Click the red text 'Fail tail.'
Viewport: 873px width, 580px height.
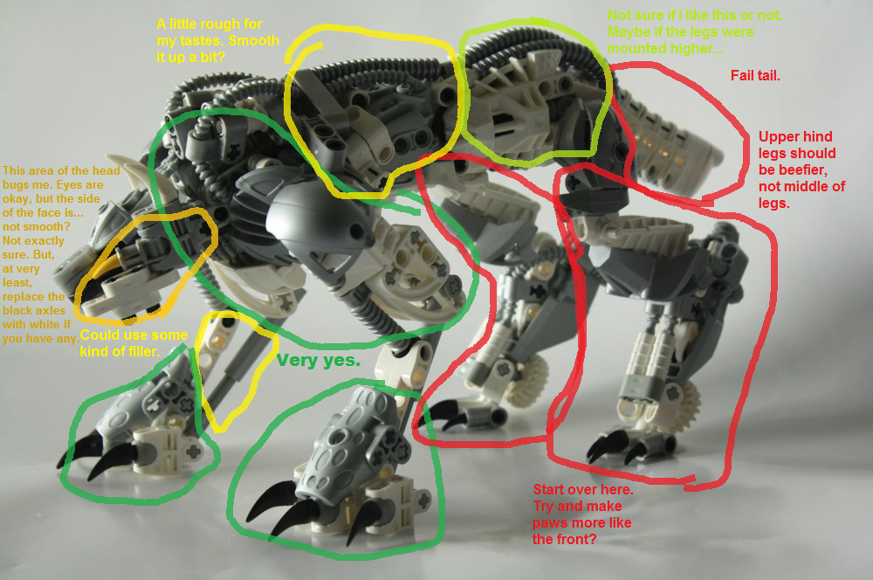pyautogui.click(x=755, y=76)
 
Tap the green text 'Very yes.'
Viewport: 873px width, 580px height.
pyautogui.click(x=319, y=361)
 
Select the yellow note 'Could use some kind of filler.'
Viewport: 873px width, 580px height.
pyautogui.click(x=134, y=343)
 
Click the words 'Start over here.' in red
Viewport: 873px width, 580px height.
pyautogui.click(x=583, y=490)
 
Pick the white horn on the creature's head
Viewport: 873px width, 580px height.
pyautogui.click(x=130, y=171)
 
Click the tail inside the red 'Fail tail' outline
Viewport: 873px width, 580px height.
pyautogui.click(x=668, y=139)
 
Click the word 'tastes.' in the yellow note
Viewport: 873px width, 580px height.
pyautogui.click(x=202, y=41)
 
